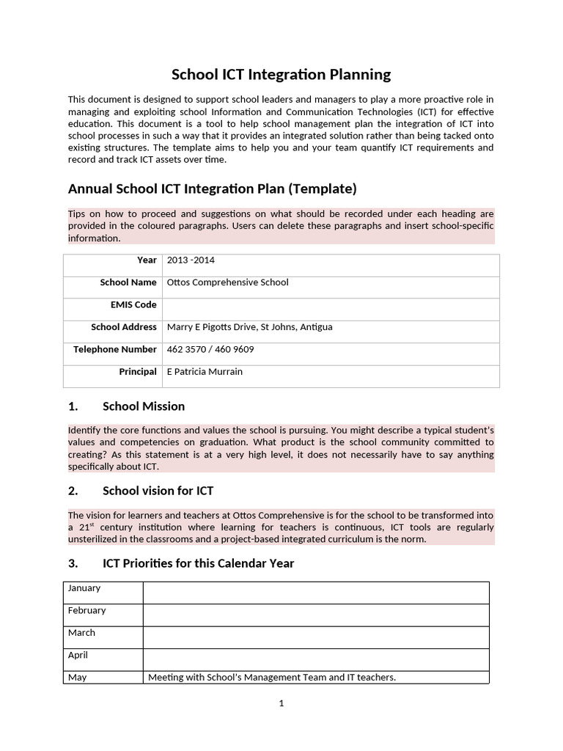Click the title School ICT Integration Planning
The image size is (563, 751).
281,74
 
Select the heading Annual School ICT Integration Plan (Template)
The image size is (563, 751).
212,188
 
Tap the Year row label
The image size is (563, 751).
147,260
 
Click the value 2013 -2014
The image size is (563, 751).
191,260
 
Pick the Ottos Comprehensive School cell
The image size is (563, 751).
228,282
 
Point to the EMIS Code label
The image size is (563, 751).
133,304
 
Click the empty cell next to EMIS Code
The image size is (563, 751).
330,305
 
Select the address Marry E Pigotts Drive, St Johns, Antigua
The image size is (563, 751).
249,327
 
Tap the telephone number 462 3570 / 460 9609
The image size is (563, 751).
210,349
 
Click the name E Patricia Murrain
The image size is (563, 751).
205,372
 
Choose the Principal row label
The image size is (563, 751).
138,372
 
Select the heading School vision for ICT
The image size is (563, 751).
158,490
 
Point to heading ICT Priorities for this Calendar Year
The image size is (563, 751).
198,563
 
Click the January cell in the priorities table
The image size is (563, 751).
84,588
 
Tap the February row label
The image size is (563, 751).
87,610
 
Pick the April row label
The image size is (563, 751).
78,655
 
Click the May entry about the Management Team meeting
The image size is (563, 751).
271,678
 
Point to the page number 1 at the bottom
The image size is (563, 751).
281,704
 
